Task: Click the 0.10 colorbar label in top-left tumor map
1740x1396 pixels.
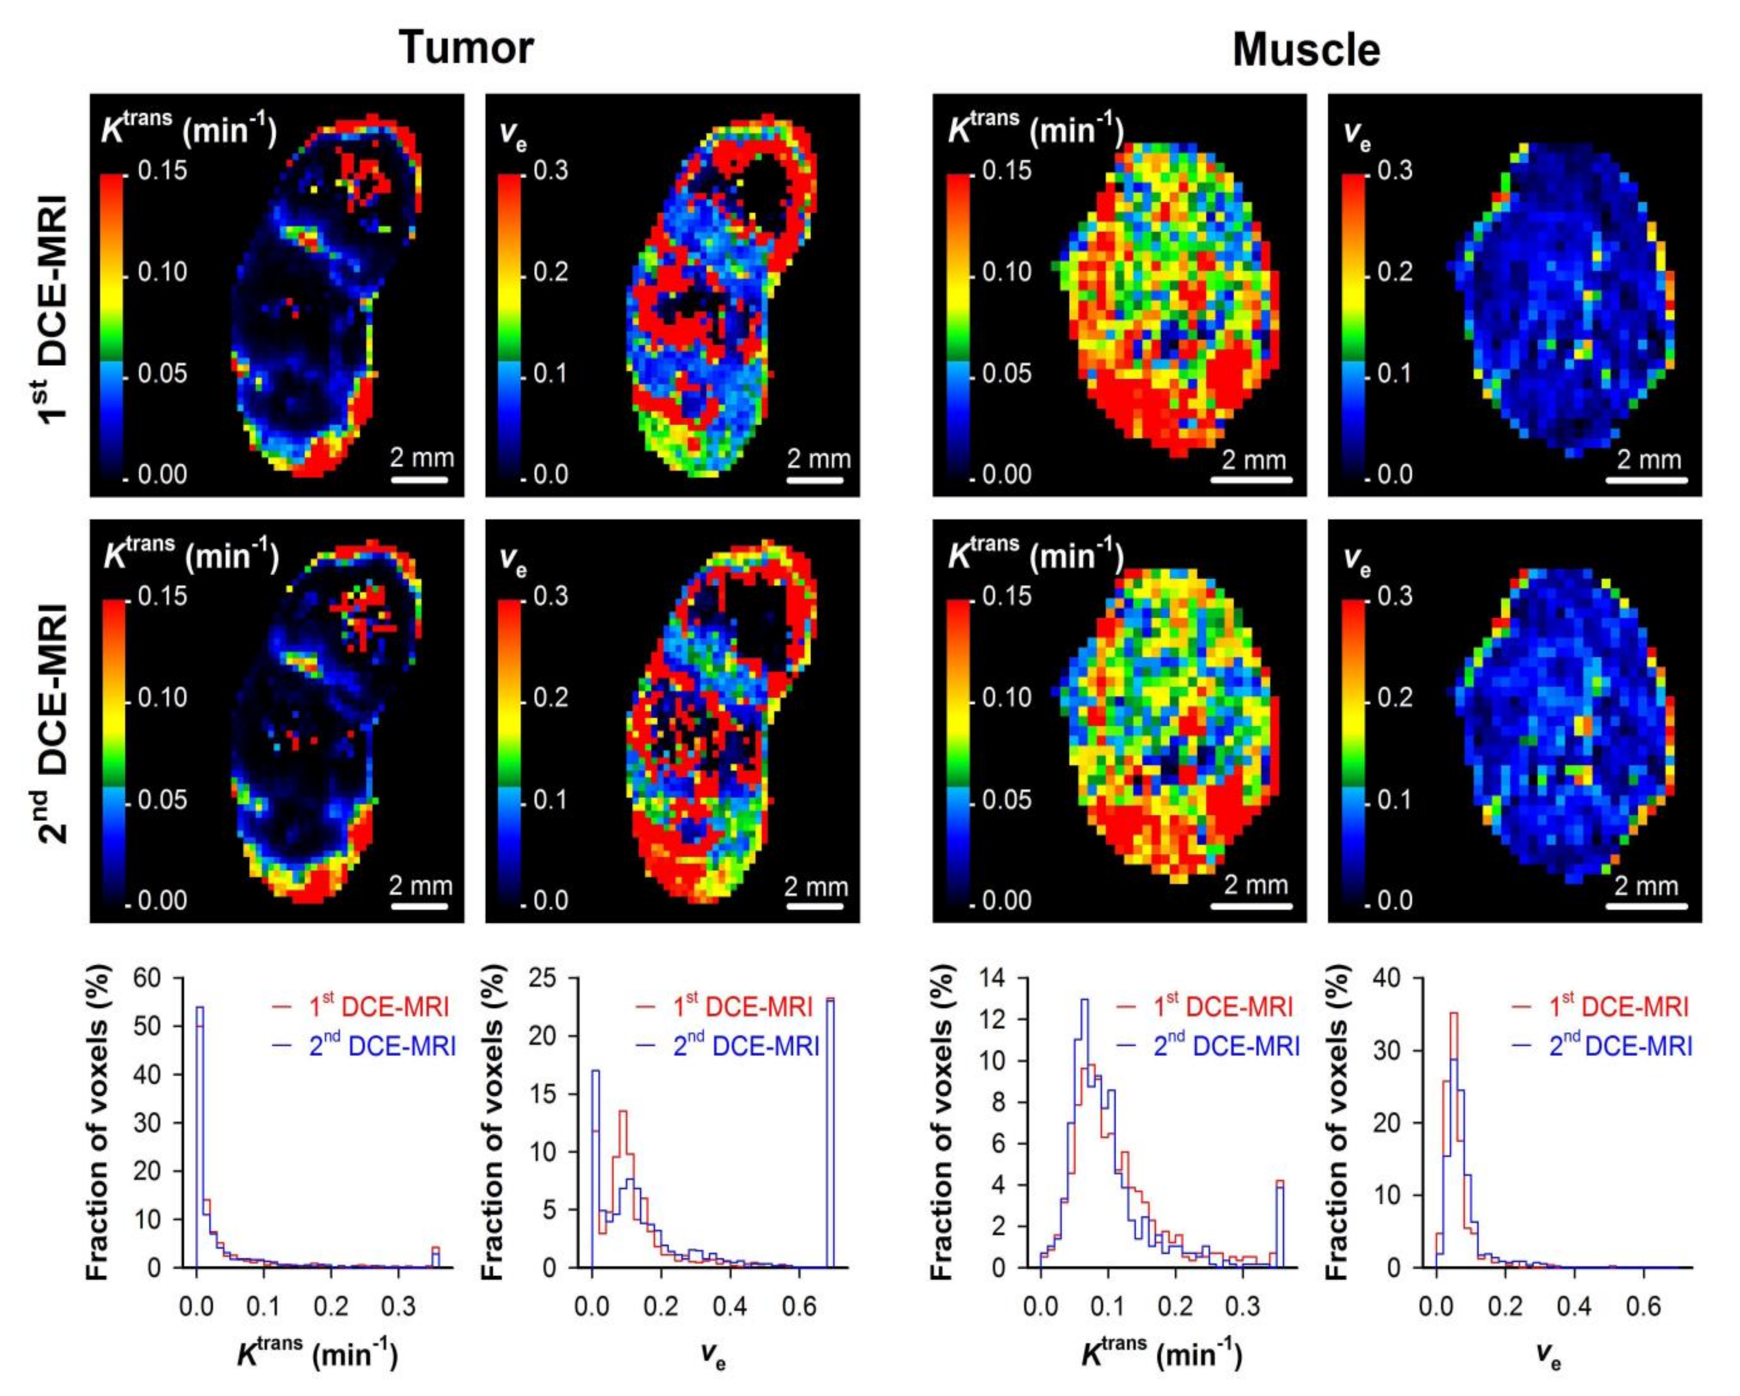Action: point(162,272)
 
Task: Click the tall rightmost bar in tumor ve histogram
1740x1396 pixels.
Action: point(830,1130)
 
